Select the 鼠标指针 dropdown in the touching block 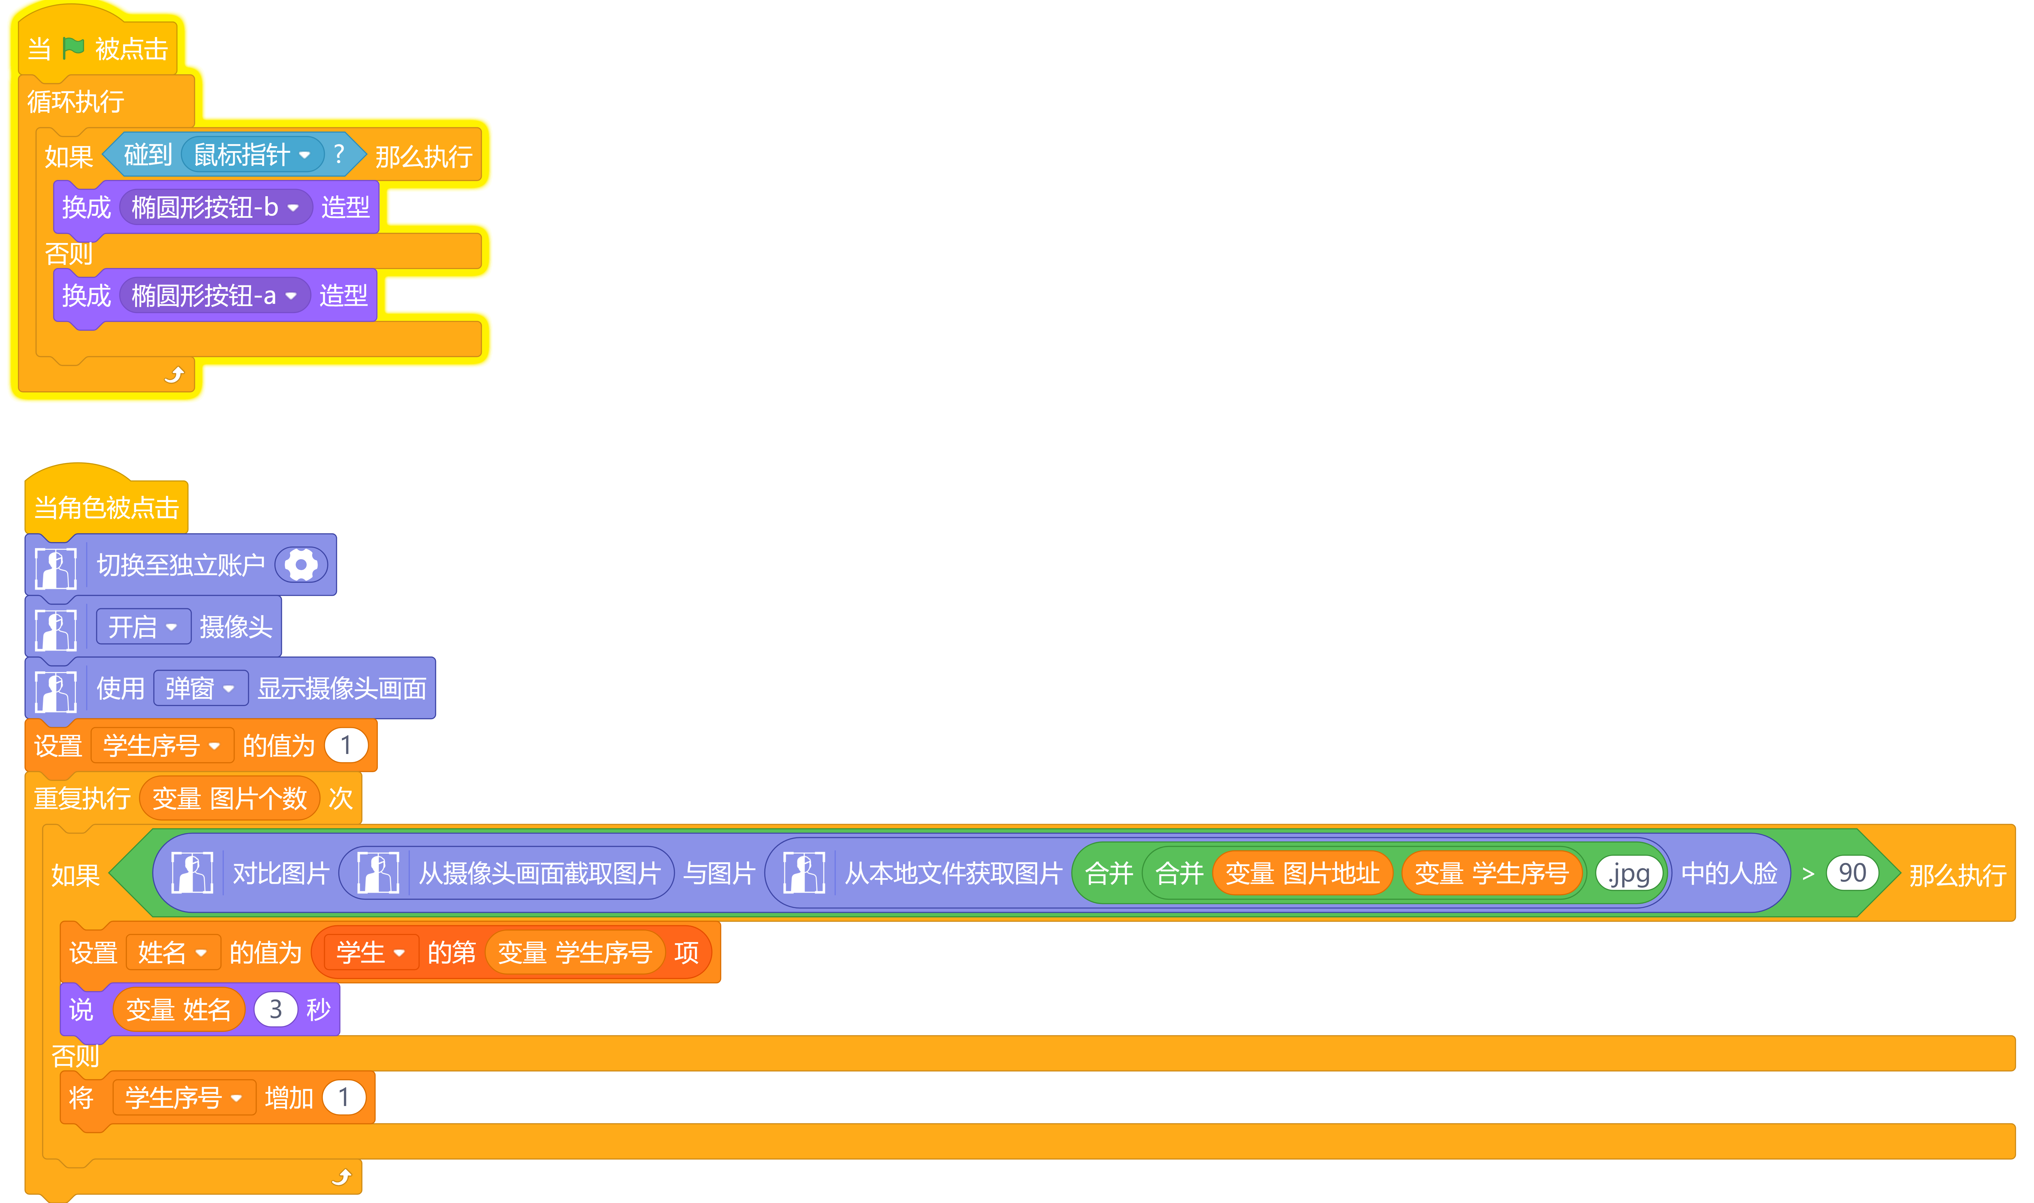252,154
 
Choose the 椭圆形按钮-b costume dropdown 216,207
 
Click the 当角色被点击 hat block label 106,508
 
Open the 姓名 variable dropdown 173,952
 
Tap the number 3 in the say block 276,1009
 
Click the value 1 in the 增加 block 344,1098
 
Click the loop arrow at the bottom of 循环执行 174,374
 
